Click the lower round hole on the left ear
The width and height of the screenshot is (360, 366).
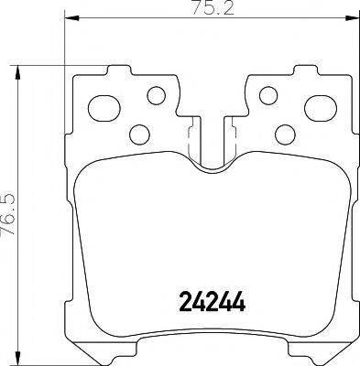pyautogui.click(x=140, y=134)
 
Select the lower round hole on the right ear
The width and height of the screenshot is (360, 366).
pyautogui.click(x=281, y=134)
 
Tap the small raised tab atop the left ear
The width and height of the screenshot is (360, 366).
pyautogui.click(x=117, y=69)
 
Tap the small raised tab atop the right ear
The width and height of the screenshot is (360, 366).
pyautogui.click(x=303, y=69)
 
